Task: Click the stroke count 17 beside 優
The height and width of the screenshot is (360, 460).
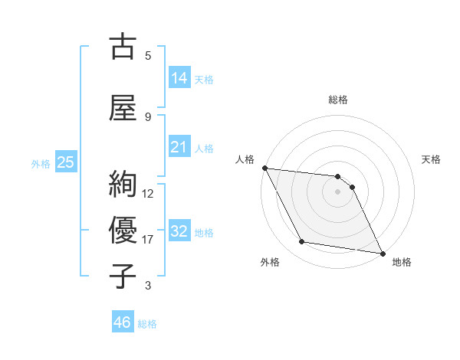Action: pos(149,240)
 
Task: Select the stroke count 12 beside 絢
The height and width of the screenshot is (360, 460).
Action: pos(149,193)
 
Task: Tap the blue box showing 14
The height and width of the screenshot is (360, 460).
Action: pos(179,77)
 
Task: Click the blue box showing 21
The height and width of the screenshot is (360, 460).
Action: pos(179,147)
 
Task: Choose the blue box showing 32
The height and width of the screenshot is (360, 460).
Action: pos(179,231)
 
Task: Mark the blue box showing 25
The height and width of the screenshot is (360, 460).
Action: pos(65,162)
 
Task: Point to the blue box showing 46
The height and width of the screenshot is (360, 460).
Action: pos(123,322)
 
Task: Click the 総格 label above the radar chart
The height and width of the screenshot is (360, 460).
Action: pos(338,100)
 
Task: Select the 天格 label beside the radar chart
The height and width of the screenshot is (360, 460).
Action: pos(432,159)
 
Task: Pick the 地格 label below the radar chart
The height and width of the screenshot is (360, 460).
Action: pos(402,262)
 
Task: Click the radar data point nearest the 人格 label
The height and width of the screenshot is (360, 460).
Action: pos(264,168)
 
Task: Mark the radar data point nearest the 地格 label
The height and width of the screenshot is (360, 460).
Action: pos(383,253)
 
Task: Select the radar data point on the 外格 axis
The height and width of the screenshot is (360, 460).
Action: pos(302,242)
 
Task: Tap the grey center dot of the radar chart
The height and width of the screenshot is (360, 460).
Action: pos(338,191)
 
